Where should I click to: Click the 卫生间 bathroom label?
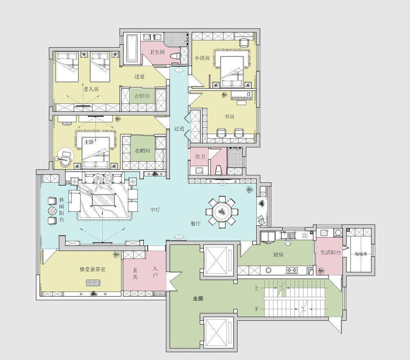157,52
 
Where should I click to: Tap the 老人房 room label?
91,89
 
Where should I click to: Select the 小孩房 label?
202,58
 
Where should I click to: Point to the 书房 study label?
229,116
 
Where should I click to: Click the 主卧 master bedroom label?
89,142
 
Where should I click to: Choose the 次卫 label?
200,156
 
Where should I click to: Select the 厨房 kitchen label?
278,255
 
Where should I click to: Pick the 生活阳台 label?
330,252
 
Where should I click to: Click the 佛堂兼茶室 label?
93,269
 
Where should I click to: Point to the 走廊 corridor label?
198,299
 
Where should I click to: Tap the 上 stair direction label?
257,288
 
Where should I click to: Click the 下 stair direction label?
257,309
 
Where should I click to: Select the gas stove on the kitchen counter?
292,269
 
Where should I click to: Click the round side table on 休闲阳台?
52,211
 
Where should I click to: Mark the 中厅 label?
155,210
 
